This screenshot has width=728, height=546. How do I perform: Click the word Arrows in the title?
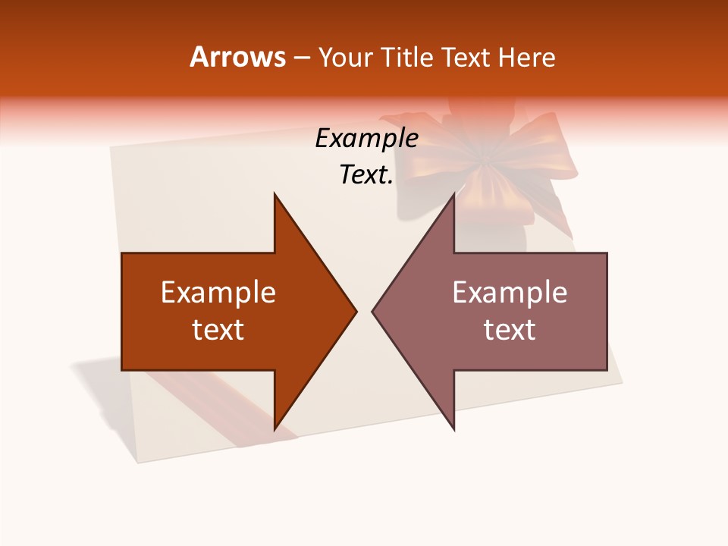(238, 57)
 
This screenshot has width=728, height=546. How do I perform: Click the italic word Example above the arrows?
(366, 138)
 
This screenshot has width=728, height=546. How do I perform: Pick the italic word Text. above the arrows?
(366, 175)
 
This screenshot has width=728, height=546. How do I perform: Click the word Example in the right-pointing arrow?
(218, 292)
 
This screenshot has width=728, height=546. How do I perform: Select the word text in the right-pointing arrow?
(218, 329)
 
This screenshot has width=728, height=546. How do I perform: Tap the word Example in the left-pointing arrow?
(510, 292)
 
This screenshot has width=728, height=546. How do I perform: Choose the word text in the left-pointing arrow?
(510, 329)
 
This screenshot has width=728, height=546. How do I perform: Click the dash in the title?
(301, 58)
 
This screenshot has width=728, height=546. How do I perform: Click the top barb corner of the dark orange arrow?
(275, 195)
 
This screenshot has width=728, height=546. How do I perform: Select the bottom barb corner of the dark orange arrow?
(275, 428)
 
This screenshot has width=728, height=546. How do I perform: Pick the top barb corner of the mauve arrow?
(453, 195)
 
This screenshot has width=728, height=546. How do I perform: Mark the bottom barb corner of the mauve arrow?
(453, 428)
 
